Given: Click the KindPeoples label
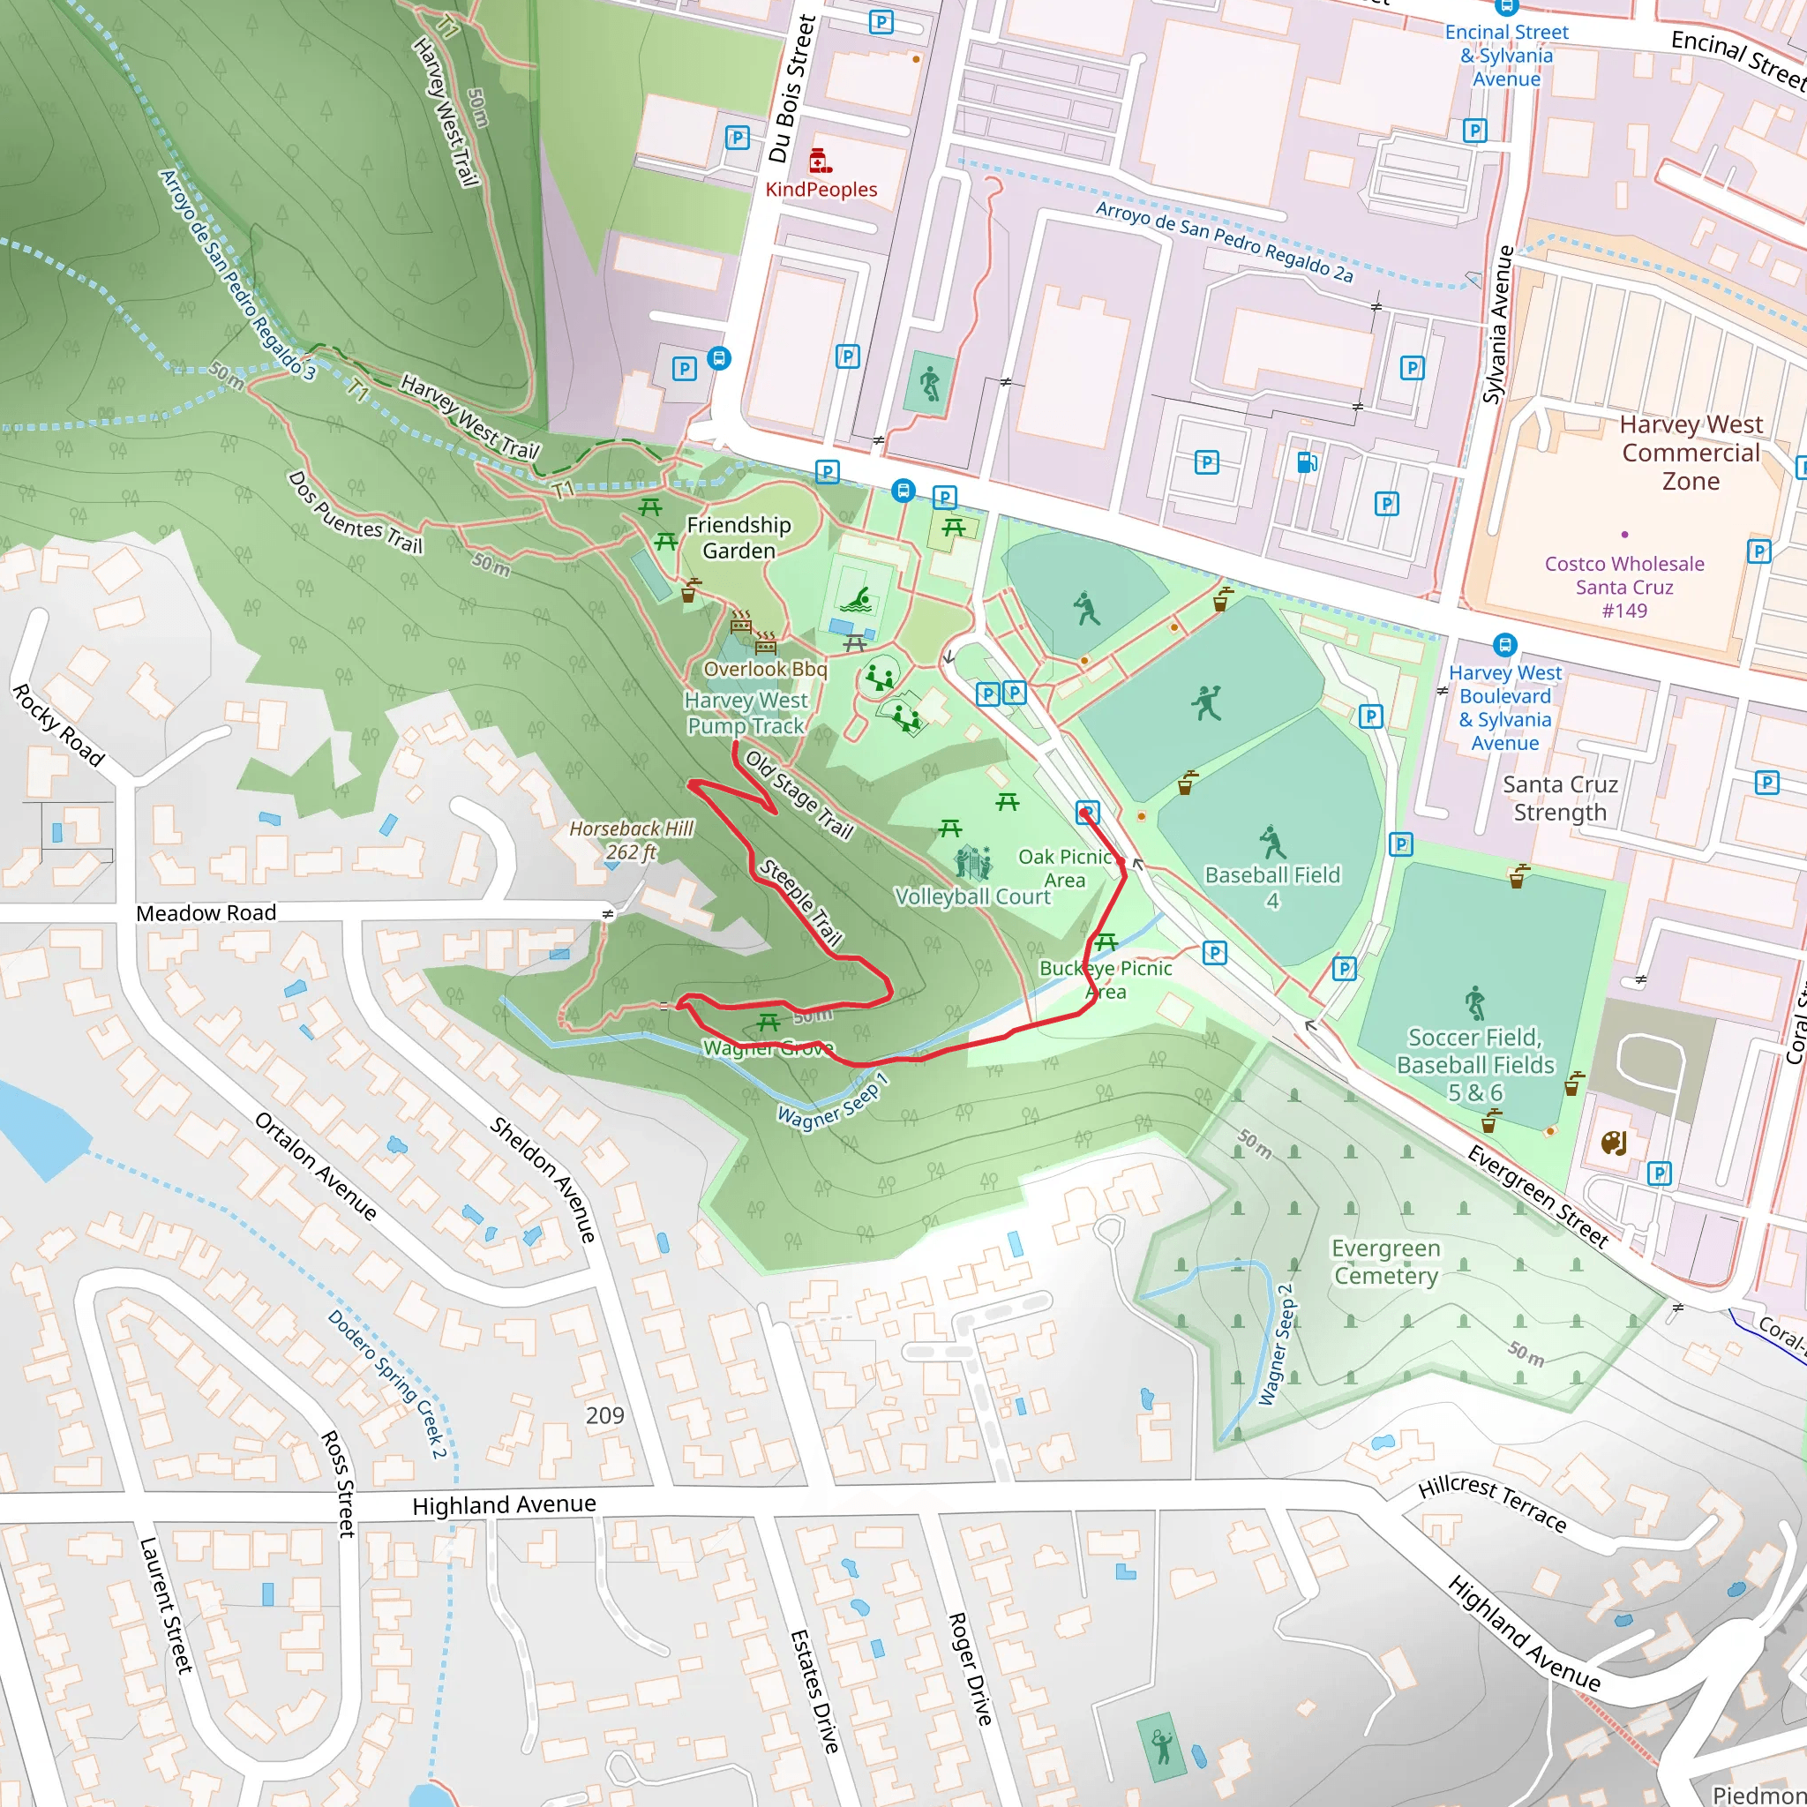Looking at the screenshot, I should pyautogui.click(x=821, y=189).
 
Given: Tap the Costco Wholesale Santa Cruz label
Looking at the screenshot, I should pyautogui.click(x=1623, y=587).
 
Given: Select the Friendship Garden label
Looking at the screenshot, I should pyautogui.click(x=738, y=538).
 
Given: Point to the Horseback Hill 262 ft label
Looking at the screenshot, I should pyautogui.click(x=632, y=840).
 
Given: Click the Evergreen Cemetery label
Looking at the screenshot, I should pyautogui.click(x=1385, y=1262).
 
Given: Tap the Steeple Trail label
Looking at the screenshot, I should pyautogui.click(x=800, y=902).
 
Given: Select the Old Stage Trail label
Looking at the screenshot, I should pyautogui.click(x=799, y=795).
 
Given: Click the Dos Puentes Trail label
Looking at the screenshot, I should pyautogui.click(x=355, y=513).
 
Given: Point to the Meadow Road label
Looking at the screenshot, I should pyautogui.click(x=206, y=913).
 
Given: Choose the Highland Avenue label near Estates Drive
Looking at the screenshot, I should pyautogui.click(x=503, y=1505).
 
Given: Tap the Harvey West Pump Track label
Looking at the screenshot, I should pyautogui.click(x=746, y=713).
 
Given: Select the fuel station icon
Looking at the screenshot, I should pyautogui.click(x=1307, y=462).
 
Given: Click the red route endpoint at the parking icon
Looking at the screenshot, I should pyautogui.click(x=1085, y=814).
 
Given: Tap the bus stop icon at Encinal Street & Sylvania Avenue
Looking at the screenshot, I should pyautogui.click(x=1506, y=7).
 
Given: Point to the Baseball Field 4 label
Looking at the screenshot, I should pyautogui.click(x=1272, y=887).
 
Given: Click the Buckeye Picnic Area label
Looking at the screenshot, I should pyautogui.click(x=1106, y=979).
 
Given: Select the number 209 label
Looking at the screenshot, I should pyautogui.click(x=604, y=1415).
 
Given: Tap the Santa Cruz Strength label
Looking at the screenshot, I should pyautogui.click(x=1559, y=798).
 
